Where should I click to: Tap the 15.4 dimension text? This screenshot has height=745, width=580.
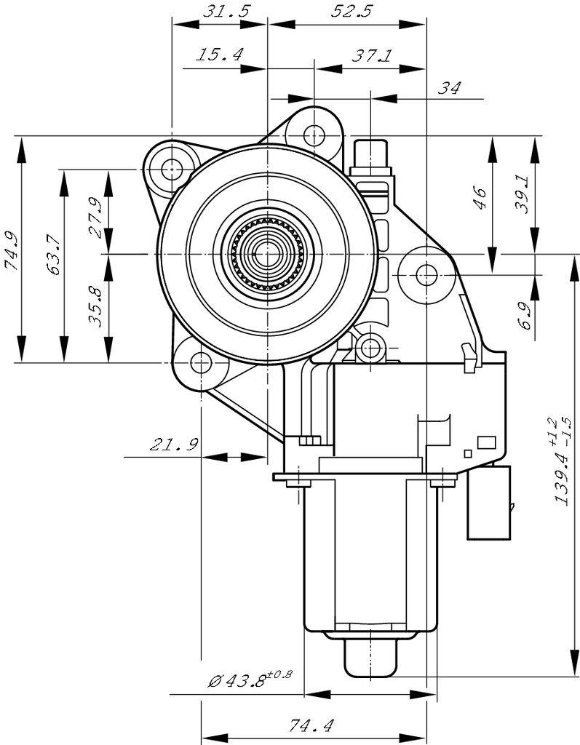pos(219,55)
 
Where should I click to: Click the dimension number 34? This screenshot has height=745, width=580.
pos(450,88)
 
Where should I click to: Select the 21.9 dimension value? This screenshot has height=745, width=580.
pos(175,444)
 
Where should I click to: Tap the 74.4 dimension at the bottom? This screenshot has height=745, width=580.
pos(311,725)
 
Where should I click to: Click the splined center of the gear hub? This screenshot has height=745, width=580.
pos(268,254)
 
